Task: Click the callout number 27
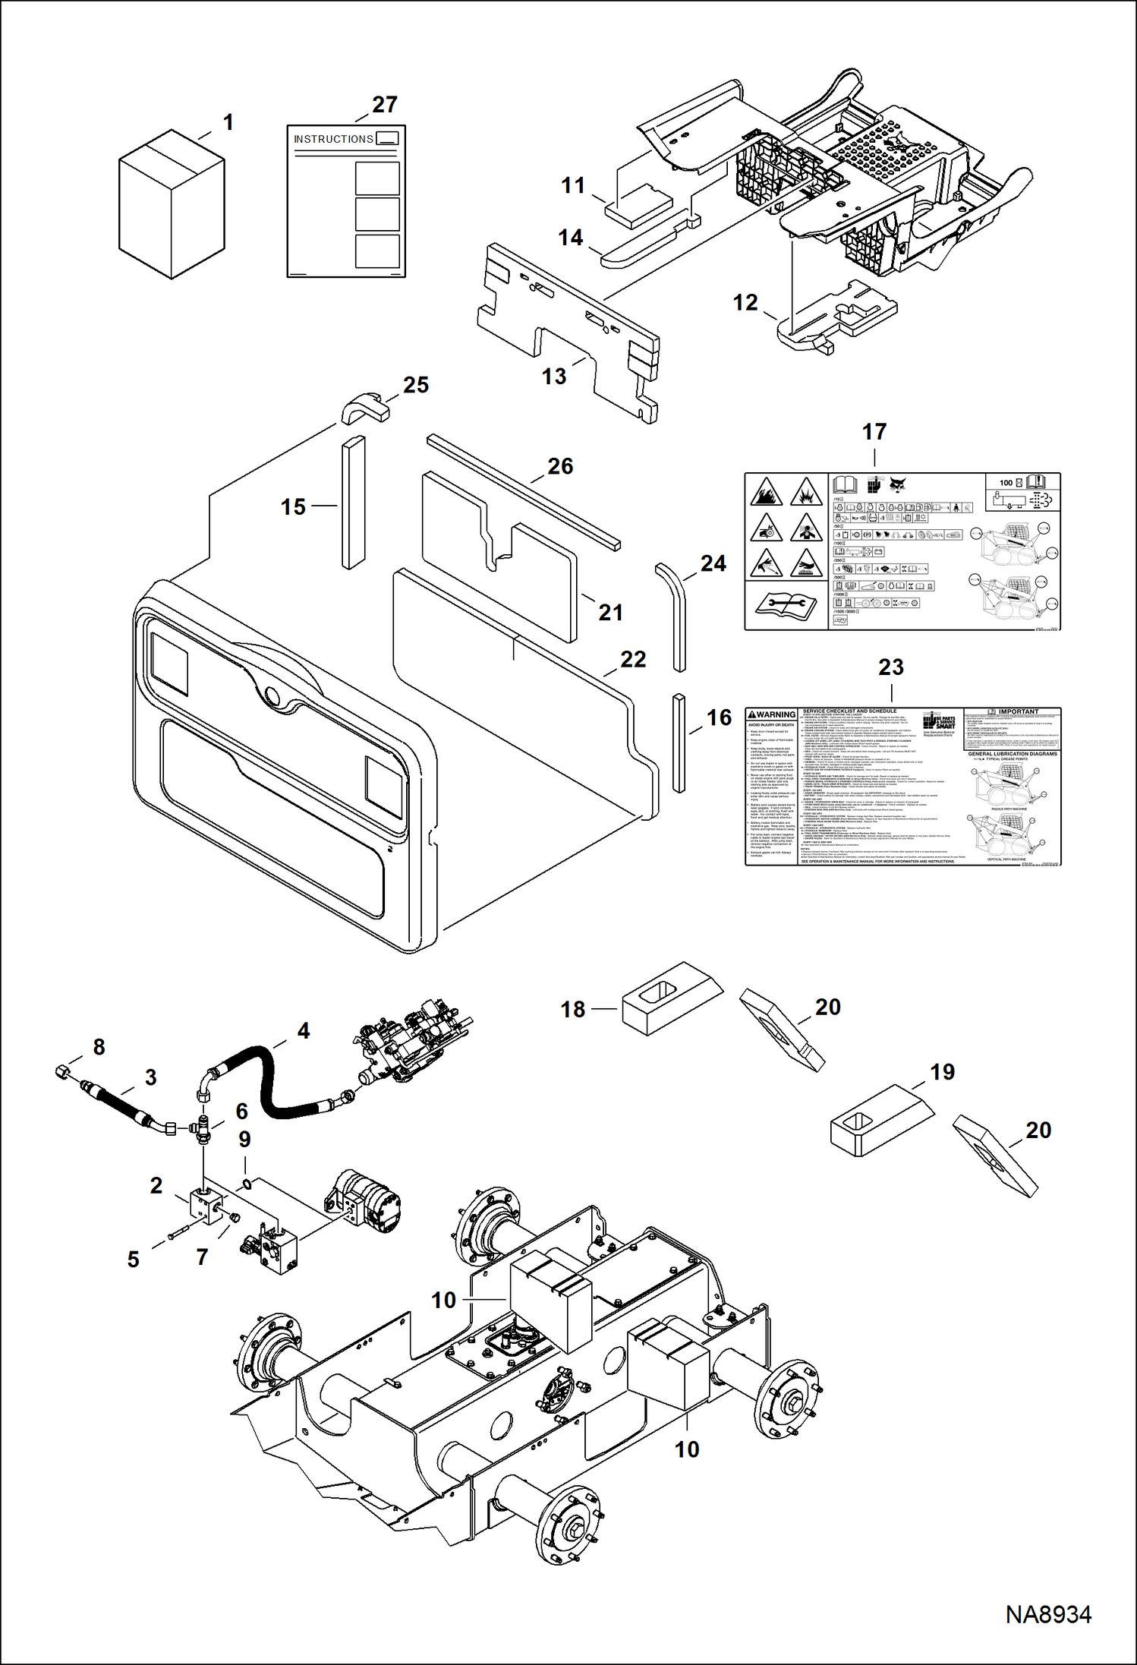pos(385,105)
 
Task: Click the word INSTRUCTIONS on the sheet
pos(333,139)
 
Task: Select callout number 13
pos(554,377)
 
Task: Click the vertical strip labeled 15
pos(354,502)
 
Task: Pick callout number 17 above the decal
pos(874,432)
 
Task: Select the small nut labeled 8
pos(64,1071)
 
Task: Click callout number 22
pos(633,659)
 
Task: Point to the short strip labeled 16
pos(679,742)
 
